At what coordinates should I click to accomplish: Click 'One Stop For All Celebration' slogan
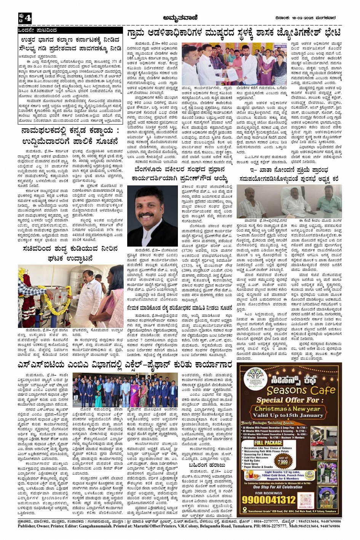click(278, 487)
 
